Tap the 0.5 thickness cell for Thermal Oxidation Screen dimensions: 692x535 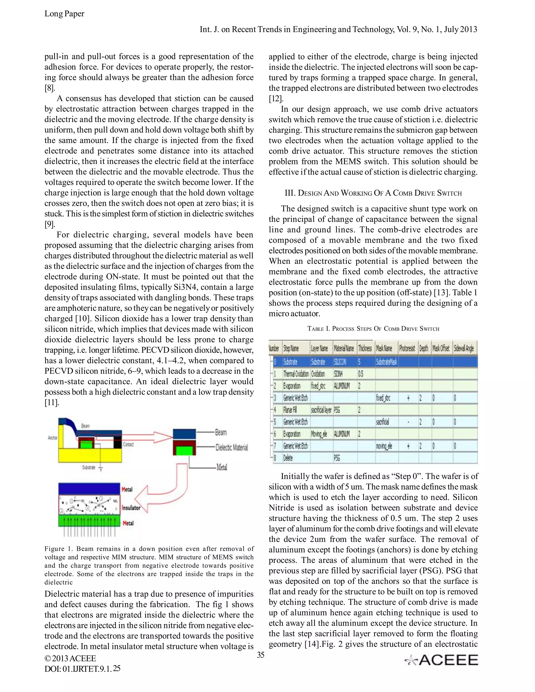(361, 374)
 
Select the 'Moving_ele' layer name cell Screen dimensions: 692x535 (319, 434)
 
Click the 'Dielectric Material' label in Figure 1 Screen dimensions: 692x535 (231, 447)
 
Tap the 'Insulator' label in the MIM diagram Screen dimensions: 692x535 (131, 508)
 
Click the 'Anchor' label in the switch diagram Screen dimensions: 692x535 (53, 438)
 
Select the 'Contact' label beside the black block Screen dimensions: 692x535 (128, 444)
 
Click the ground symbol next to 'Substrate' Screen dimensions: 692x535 (101, 468)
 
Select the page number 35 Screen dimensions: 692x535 (260, 655)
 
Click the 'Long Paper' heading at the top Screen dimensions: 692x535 (64, 14)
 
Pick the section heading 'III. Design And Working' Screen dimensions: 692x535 (373, 193)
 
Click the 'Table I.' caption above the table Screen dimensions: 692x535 (373, 329)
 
